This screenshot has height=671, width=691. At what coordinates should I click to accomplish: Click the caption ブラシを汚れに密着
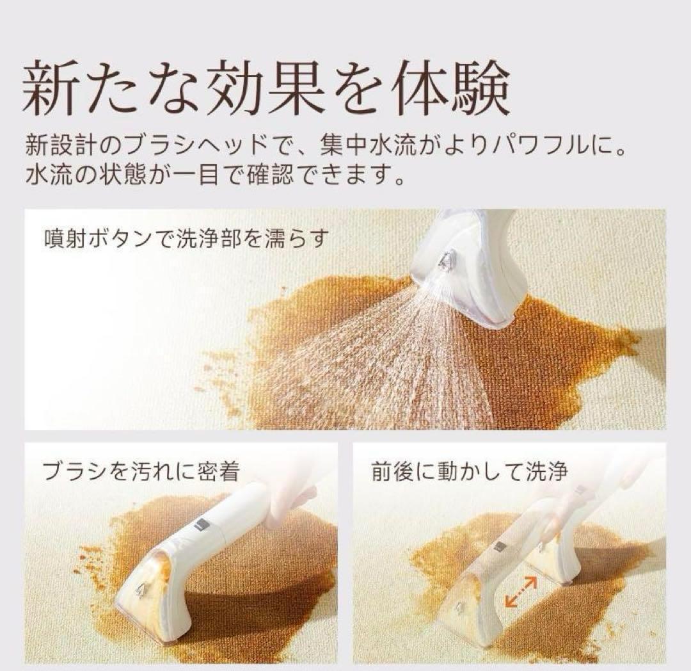pos(141,473)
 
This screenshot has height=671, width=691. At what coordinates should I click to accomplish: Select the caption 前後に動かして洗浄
pos(469,473)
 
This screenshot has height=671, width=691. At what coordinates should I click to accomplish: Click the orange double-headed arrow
pos(520,591)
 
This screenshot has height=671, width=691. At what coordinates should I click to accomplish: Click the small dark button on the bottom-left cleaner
pos(199,525)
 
